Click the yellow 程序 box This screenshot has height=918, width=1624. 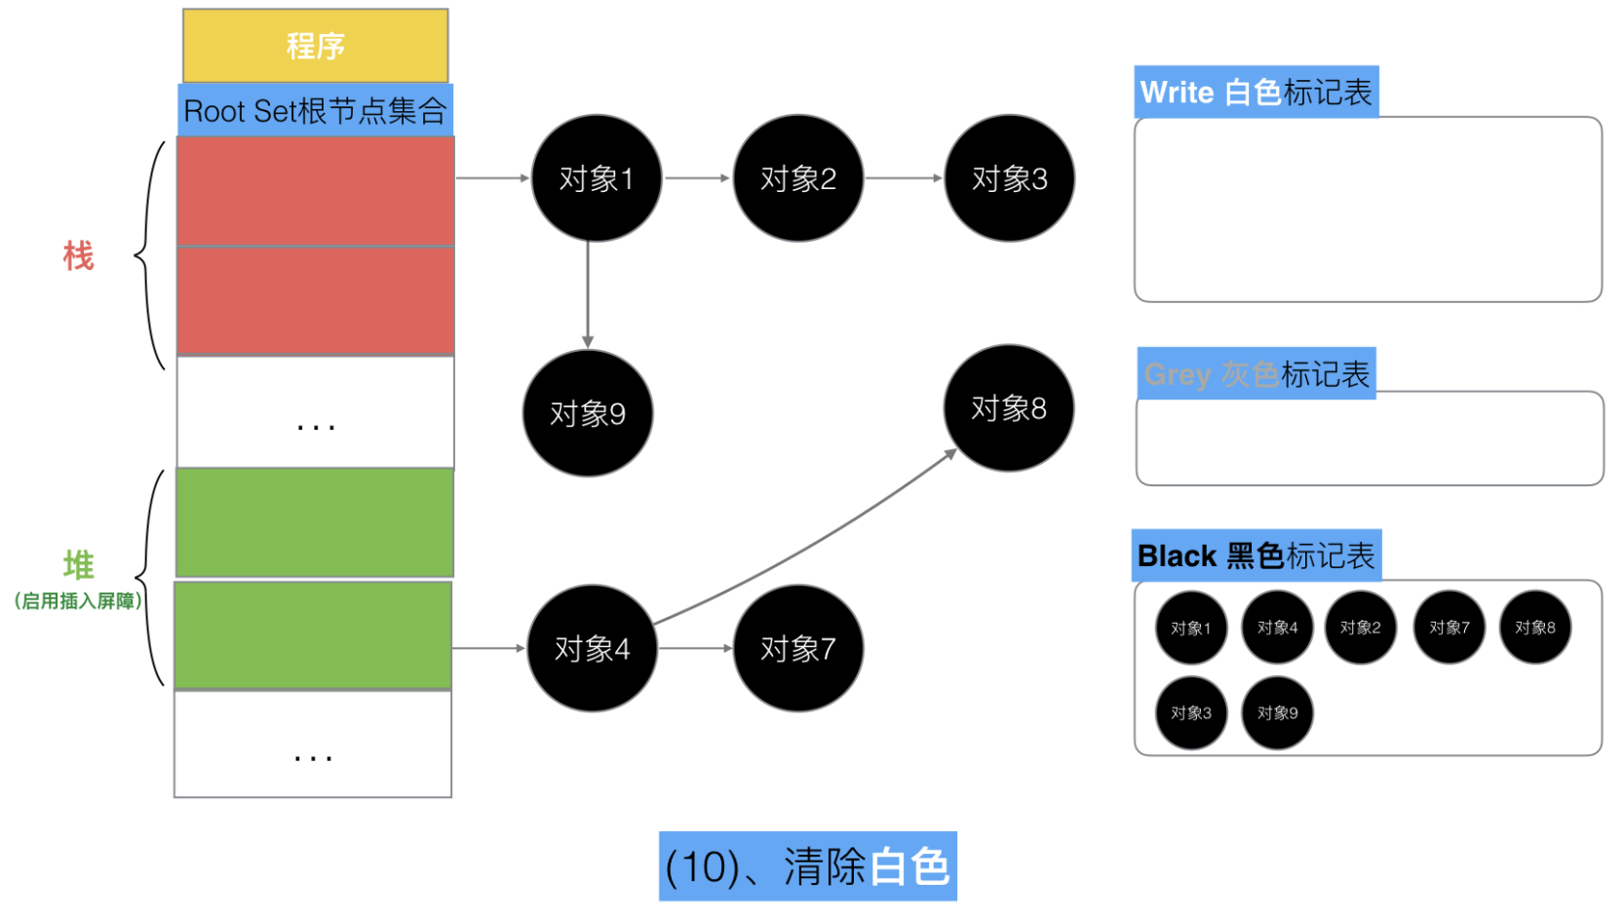[316, 46]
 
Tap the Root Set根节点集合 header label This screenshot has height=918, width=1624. [316, 110]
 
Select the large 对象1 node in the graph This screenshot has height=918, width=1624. [596, 178]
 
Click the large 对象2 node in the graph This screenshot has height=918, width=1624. [798, 178]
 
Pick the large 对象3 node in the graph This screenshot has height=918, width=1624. [1009, 178]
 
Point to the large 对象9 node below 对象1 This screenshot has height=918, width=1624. [587, 413]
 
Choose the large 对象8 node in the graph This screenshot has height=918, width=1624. [1009, 408]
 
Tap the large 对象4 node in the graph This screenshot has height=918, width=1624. [592, 648]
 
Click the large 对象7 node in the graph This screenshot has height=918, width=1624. [798, 648]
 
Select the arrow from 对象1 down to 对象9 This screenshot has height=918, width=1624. [587, 294]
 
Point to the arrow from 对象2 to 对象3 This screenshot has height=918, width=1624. [904, 177]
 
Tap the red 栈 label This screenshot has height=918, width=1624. [78, 256]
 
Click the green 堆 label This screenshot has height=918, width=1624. [78, 564]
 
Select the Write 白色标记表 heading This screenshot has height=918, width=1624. [1257, 92]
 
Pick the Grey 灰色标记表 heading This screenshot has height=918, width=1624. [1257, 374]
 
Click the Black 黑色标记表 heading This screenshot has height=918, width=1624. [1257, 555]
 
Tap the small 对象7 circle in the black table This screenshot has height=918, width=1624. [1449, 628]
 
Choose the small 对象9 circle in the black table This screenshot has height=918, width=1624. [1277, 713]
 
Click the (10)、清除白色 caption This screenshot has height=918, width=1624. [808, 865]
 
